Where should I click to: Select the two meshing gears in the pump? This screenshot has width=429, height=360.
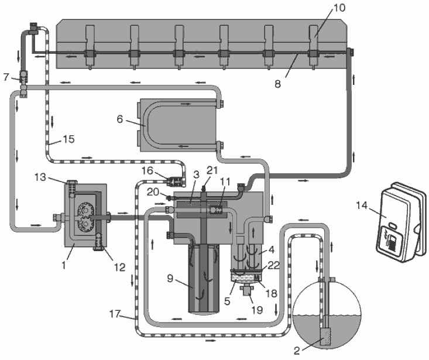click(x=85, y=218)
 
